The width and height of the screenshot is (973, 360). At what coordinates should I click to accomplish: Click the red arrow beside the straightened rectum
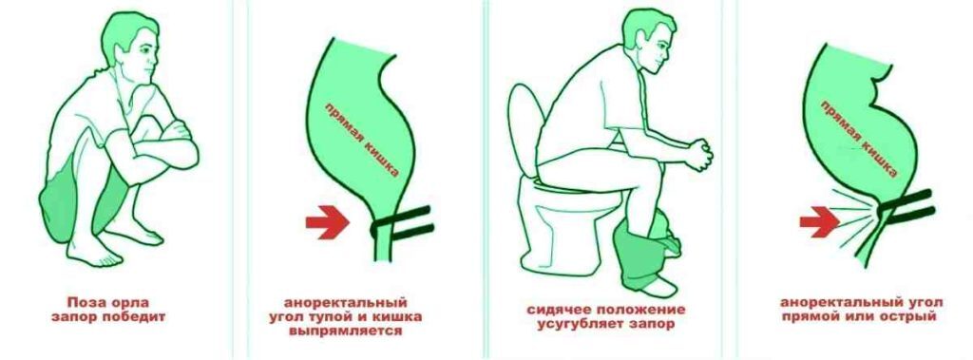(328, 222)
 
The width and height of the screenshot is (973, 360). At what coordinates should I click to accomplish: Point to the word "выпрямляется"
(345, 332)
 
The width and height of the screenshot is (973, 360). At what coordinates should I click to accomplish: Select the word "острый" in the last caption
(906, 317)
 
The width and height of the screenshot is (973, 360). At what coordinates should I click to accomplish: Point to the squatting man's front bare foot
(90, 254)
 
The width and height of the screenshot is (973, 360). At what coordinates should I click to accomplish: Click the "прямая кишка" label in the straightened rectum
(362, 141)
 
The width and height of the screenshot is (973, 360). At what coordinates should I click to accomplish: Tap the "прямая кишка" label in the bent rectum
(859, 139)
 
